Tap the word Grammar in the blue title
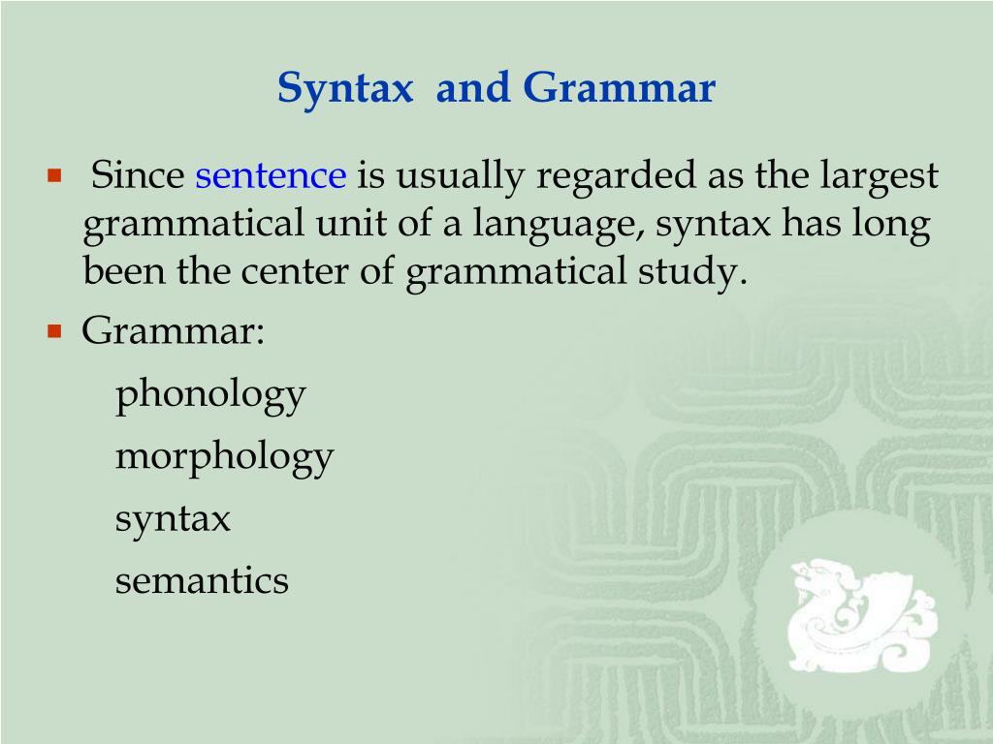coord(620,89)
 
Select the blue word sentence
coord(271,176)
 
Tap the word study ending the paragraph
coord(695,273)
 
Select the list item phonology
coord(210,394)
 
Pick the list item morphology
coord(224,456)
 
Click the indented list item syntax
coord(173,519)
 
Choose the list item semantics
coord(202,581)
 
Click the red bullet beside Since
coord(54,176)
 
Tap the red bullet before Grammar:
coord(54,331)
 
